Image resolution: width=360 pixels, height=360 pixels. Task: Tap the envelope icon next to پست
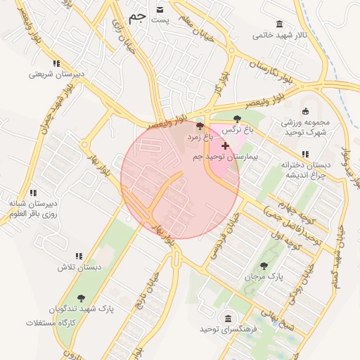coord(160,9)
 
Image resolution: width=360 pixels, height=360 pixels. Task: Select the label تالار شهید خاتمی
coord(281,34)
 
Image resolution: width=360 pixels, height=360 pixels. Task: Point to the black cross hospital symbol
coord(225,145)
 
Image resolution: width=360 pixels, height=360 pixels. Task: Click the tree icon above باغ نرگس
coord(236,119)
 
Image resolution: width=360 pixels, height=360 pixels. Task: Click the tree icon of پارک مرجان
coord(264,266)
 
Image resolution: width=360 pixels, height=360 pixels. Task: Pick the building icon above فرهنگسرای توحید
coord(227,318)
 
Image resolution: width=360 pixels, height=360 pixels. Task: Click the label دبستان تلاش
coord(79,268)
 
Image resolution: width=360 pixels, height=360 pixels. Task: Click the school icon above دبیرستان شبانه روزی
coord(32,191)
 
